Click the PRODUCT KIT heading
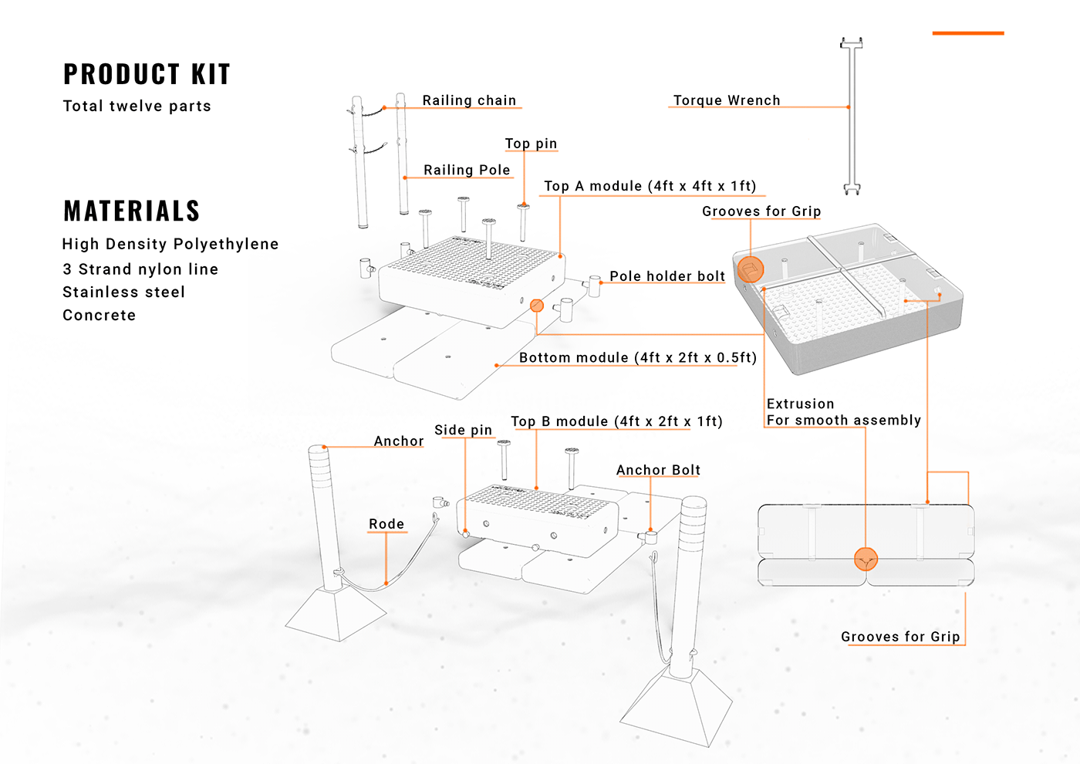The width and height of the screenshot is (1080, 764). click(147, 74)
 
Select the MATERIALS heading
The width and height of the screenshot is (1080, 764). click(131, 211)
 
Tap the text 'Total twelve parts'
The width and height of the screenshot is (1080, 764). click(137, 106)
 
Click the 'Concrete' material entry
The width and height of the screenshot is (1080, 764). click(99, 315)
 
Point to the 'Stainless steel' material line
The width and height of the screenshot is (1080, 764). click(123, 292)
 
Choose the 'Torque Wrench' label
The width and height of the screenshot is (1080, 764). click(726, 100)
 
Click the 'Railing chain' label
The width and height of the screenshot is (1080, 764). click(469, 100)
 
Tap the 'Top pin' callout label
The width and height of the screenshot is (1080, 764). click(531, 144)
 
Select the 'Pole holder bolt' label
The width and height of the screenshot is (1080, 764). click(667, 276)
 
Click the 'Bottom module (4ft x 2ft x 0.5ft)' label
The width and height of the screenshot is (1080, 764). click(637, 357)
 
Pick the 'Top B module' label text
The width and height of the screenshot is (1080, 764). click(616, 421)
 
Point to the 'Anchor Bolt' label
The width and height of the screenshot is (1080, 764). click(658, 470)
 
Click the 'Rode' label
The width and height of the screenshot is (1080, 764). click(386, 524)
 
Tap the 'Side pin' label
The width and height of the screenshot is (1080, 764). click(463, 430)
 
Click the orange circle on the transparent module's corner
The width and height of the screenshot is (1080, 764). click(751, 269)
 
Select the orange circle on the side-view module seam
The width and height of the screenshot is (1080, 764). click(866, 559)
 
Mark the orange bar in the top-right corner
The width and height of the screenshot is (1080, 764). click(967, 33)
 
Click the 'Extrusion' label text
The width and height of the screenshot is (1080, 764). click(800, 404)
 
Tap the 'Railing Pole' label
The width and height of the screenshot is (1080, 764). click(467, 170)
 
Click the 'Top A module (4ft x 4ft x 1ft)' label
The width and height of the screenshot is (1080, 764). click(650, 186)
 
